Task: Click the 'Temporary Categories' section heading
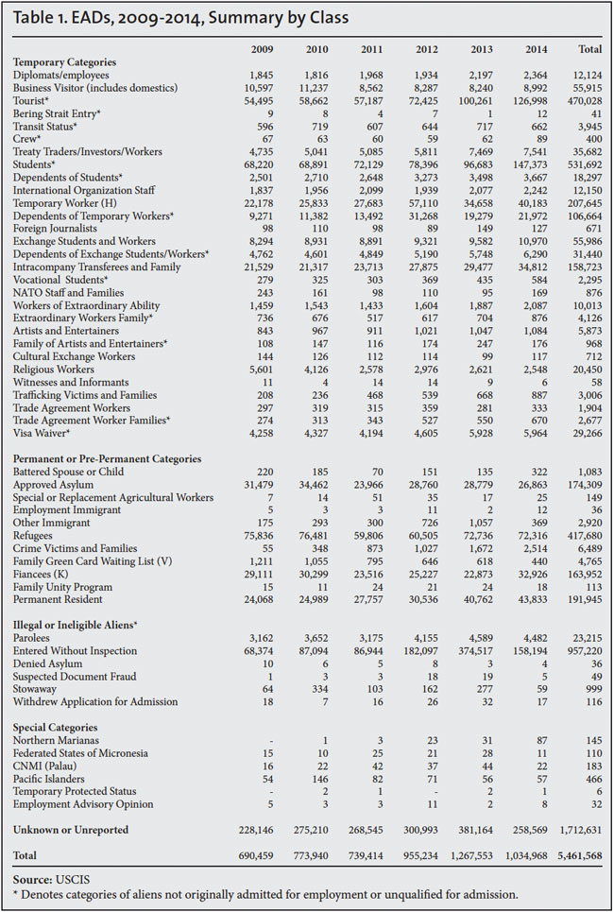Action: [66, 61]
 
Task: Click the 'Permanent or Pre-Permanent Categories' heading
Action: [107, 459]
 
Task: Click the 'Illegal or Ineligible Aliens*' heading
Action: [76, 626]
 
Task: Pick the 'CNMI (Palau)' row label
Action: [47, 766]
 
